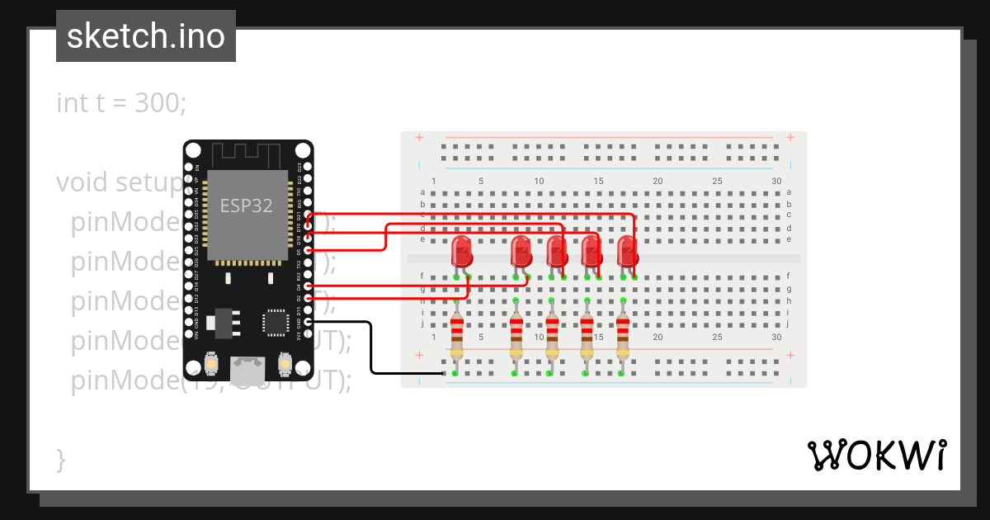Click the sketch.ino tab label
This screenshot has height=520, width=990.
tap(145, 36)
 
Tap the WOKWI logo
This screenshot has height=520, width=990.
tap(876, 455)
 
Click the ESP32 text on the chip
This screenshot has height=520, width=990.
tap(246, 206)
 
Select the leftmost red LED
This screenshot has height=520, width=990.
tap(462, 251)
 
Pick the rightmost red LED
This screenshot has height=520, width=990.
tap(628, 251)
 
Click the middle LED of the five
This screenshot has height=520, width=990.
tap(557, 251)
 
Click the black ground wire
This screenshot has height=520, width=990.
tap(371, 351)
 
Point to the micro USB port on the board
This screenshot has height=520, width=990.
tap(247, 370)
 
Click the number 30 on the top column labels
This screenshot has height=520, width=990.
tap(776, 181)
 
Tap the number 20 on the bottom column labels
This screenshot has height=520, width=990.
tap(658, 337)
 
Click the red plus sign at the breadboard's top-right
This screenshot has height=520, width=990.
tap(790, 137)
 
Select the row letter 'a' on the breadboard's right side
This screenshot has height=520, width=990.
tap(789, 191)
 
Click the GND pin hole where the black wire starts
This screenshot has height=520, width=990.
tap(308, 322)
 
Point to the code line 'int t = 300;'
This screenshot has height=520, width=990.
tap(121, 103)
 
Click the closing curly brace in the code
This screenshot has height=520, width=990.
tap(60, 459)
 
